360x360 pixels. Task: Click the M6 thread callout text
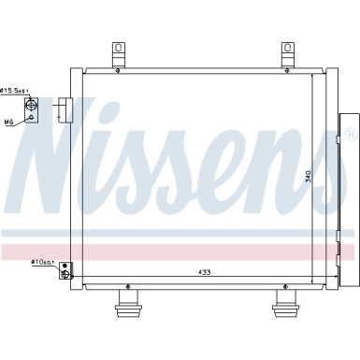8,122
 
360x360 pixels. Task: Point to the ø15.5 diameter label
14,90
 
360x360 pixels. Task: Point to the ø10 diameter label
42,262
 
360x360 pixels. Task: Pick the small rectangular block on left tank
64,109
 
